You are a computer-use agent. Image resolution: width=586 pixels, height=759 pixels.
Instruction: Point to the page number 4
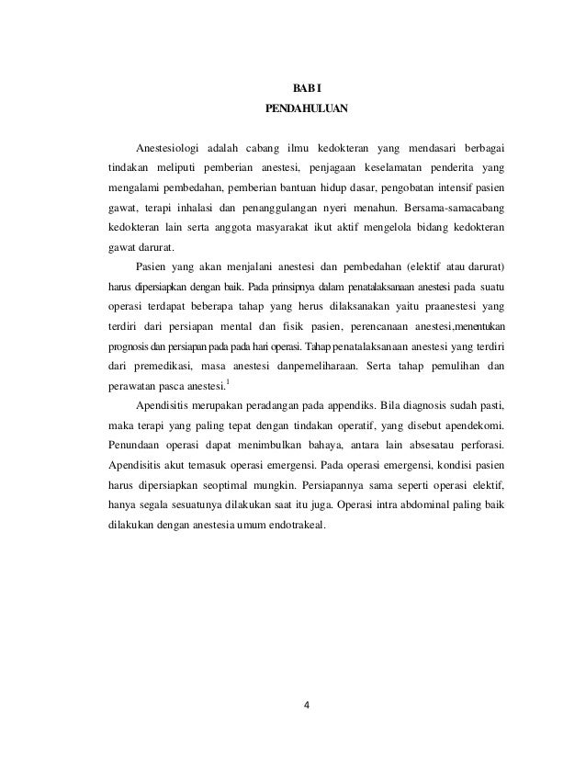(308, 707)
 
